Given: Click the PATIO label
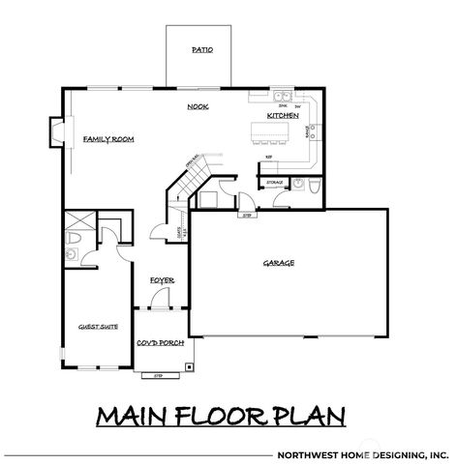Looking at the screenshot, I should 202,48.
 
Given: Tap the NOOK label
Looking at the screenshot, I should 198,106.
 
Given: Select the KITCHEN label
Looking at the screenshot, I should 283,116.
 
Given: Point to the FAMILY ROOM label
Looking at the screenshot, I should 107,139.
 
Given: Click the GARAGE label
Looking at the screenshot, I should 279,262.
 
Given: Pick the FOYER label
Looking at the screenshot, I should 161,280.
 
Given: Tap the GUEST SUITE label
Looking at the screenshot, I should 98,327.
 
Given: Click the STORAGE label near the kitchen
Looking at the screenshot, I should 274,181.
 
